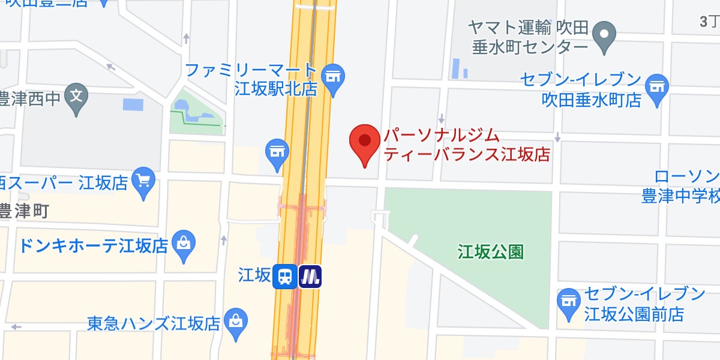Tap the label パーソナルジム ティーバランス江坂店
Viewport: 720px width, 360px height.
[467, 146]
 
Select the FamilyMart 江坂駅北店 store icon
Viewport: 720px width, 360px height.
[332, 77]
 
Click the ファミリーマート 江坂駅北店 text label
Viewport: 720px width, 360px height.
[250, 79]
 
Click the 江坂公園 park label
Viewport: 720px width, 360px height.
[490, 251]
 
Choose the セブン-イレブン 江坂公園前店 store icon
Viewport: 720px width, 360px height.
[568, 302]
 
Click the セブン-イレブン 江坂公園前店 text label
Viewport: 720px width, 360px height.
[636, 304]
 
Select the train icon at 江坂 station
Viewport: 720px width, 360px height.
[285, 277]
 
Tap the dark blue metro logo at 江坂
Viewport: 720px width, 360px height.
[310, 277]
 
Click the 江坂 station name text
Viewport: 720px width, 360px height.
[254, 276]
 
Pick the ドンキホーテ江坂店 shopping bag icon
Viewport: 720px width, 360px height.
[182, 244]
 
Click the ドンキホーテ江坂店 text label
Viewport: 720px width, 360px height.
[93, 245]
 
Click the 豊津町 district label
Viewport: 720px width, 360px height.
[24, 211]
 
